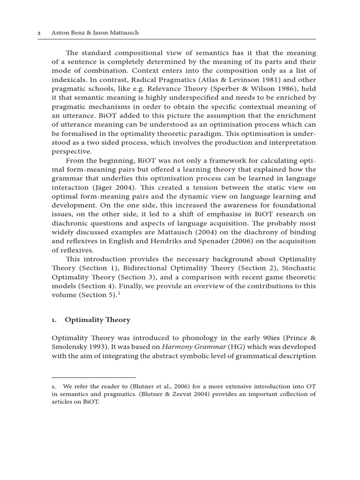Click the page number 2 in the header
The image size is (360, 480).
39,33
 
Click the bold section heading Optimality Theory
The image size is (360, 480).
97,320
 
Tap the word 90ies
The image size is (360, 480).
255,337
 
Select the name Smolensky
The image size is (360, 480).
71,347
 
